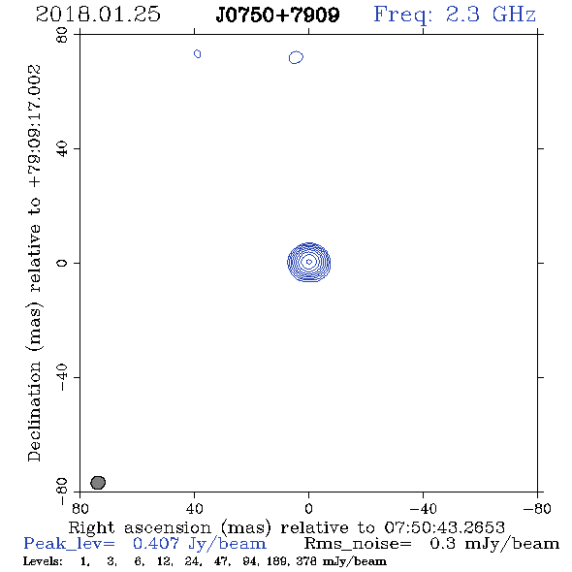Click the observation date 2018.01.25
point(98,15)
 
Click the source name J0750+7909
point(277,15)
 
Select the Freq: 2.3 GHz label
point(455,15)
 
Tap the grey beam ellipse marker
point(98,483)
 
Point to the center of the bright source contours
point(309,262)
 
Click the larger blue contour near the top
point(296,57)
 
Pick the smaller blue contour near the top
point(198,54)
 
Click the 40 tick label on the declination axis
point(62,149)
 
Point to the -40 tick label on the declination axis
point(62,377)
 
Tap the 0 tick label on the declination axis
point(62,263)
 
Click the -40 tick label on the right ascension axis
point(423,508)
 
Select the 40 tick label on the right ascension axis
point(195,508)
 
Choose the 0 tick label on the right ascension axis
point(308,508)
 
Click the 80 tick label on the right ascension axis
point(80,508)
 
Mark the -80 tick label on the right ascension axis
point(537,508)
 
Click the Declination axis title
point(35,263)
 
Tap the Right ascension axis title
point(287,527)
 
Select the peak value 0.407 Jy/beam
point(199,544)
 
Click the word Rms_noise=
point(358,544)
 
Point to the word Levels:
point(43,561)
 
